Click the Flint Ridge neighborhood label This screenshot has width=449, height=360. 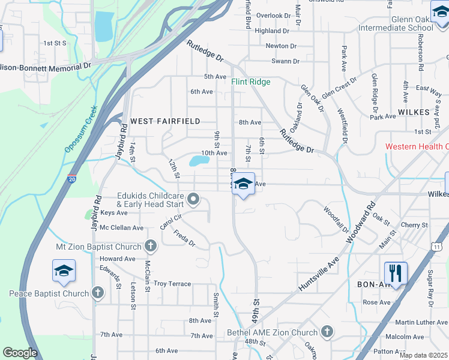(x=251, y=82)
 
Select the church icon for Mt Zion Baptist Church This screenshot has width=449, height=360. (x=150, y=246)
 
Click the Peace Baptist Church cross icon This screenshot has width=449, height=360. (x=98, y=293)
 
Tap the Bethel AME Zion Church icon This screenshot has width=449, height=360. (x=327, y=332)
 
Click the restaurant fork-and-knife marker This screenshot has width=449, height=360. (x=396, y=272)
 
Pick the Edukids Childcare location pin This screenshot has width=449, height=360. (x=193, y=199)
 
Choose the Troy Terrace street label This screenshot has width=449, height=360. (x=172, y=284)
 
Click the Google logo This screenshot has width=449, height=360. (x=20, y=353)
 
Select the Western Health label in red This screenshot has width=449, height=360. (x=417, y=146)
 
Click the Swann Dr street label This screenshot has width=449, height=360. (x=285, y=61)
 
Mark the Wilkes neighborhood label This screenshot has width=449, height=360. (x=414, y=112)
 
